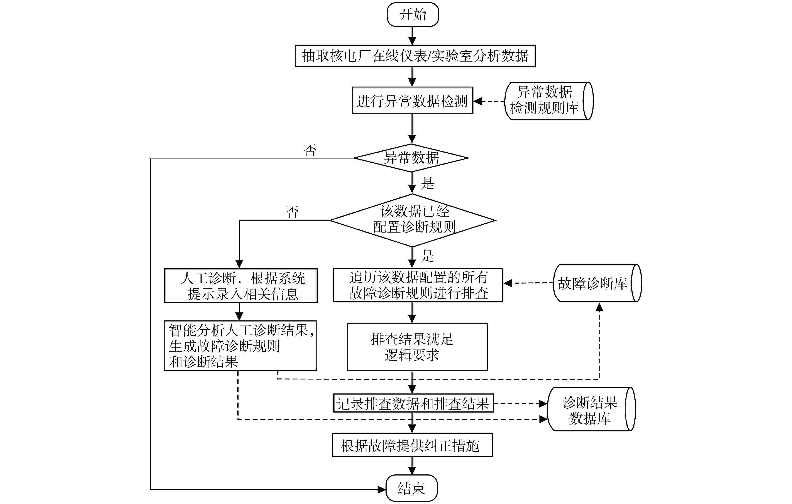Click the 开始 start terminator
tap(412, 14)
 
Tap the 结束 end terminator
tap(411, 488)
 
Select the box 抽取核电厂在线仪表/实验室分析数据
tap(415, 56)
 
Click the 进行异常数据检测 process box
tap(412, 100)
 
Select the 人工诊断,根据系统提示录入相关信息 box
tap(241, 285)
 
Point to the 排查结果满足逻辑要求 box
tap(417, 347)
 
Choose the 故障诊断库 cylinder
tap(597, 283)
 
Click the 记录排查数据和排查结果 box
tap(413, 403)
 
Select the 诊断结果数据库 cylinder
tap(591, 409)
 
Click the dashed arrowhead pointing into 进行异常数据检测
tap(478, 101)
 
